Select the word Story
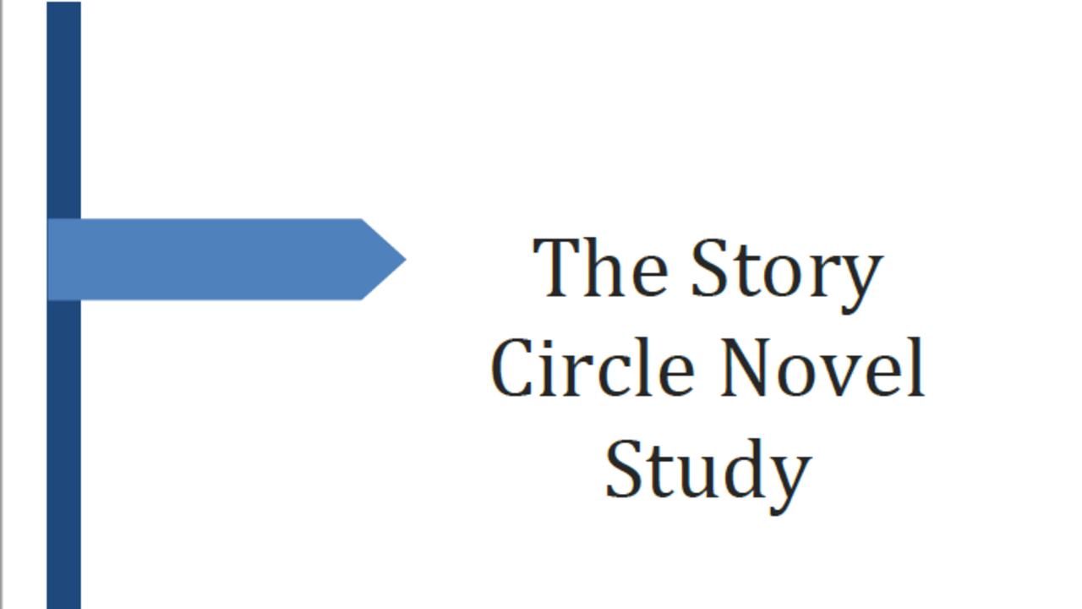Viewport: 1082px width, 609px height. pyautogui.click(x=786, y=271)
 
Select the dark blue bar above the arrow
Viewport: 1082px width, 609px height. pyautogui.click(x=63, y=110)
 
